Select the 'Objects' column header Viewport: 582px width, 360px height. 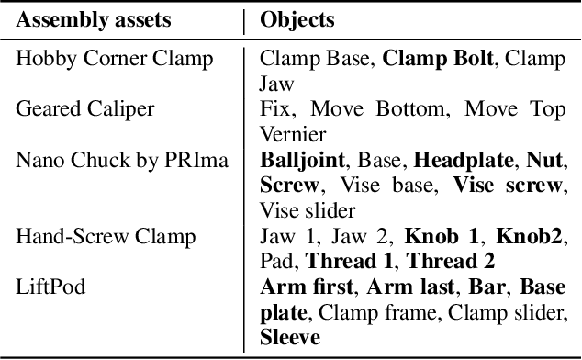[298, 18]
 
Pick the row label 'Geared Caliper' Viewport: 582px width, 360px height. [84, 110]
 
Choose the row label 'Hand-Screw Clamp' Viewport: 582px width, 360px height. [105, 236]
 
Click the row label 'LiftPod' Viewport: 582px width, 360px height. [50, 287]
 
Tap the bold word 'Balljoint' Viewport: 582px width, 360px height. [302, 160]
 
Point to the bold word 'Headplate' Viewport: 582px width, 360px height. [464, 160]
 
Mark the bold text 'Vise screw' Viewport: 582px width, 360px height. [507, 185]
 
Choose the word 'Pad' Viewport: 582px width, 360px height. [278, 261]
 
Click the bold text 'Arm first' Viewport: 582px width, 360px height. [300, 287]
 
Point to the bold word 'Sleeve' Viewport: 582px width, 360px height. [290, 337]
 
